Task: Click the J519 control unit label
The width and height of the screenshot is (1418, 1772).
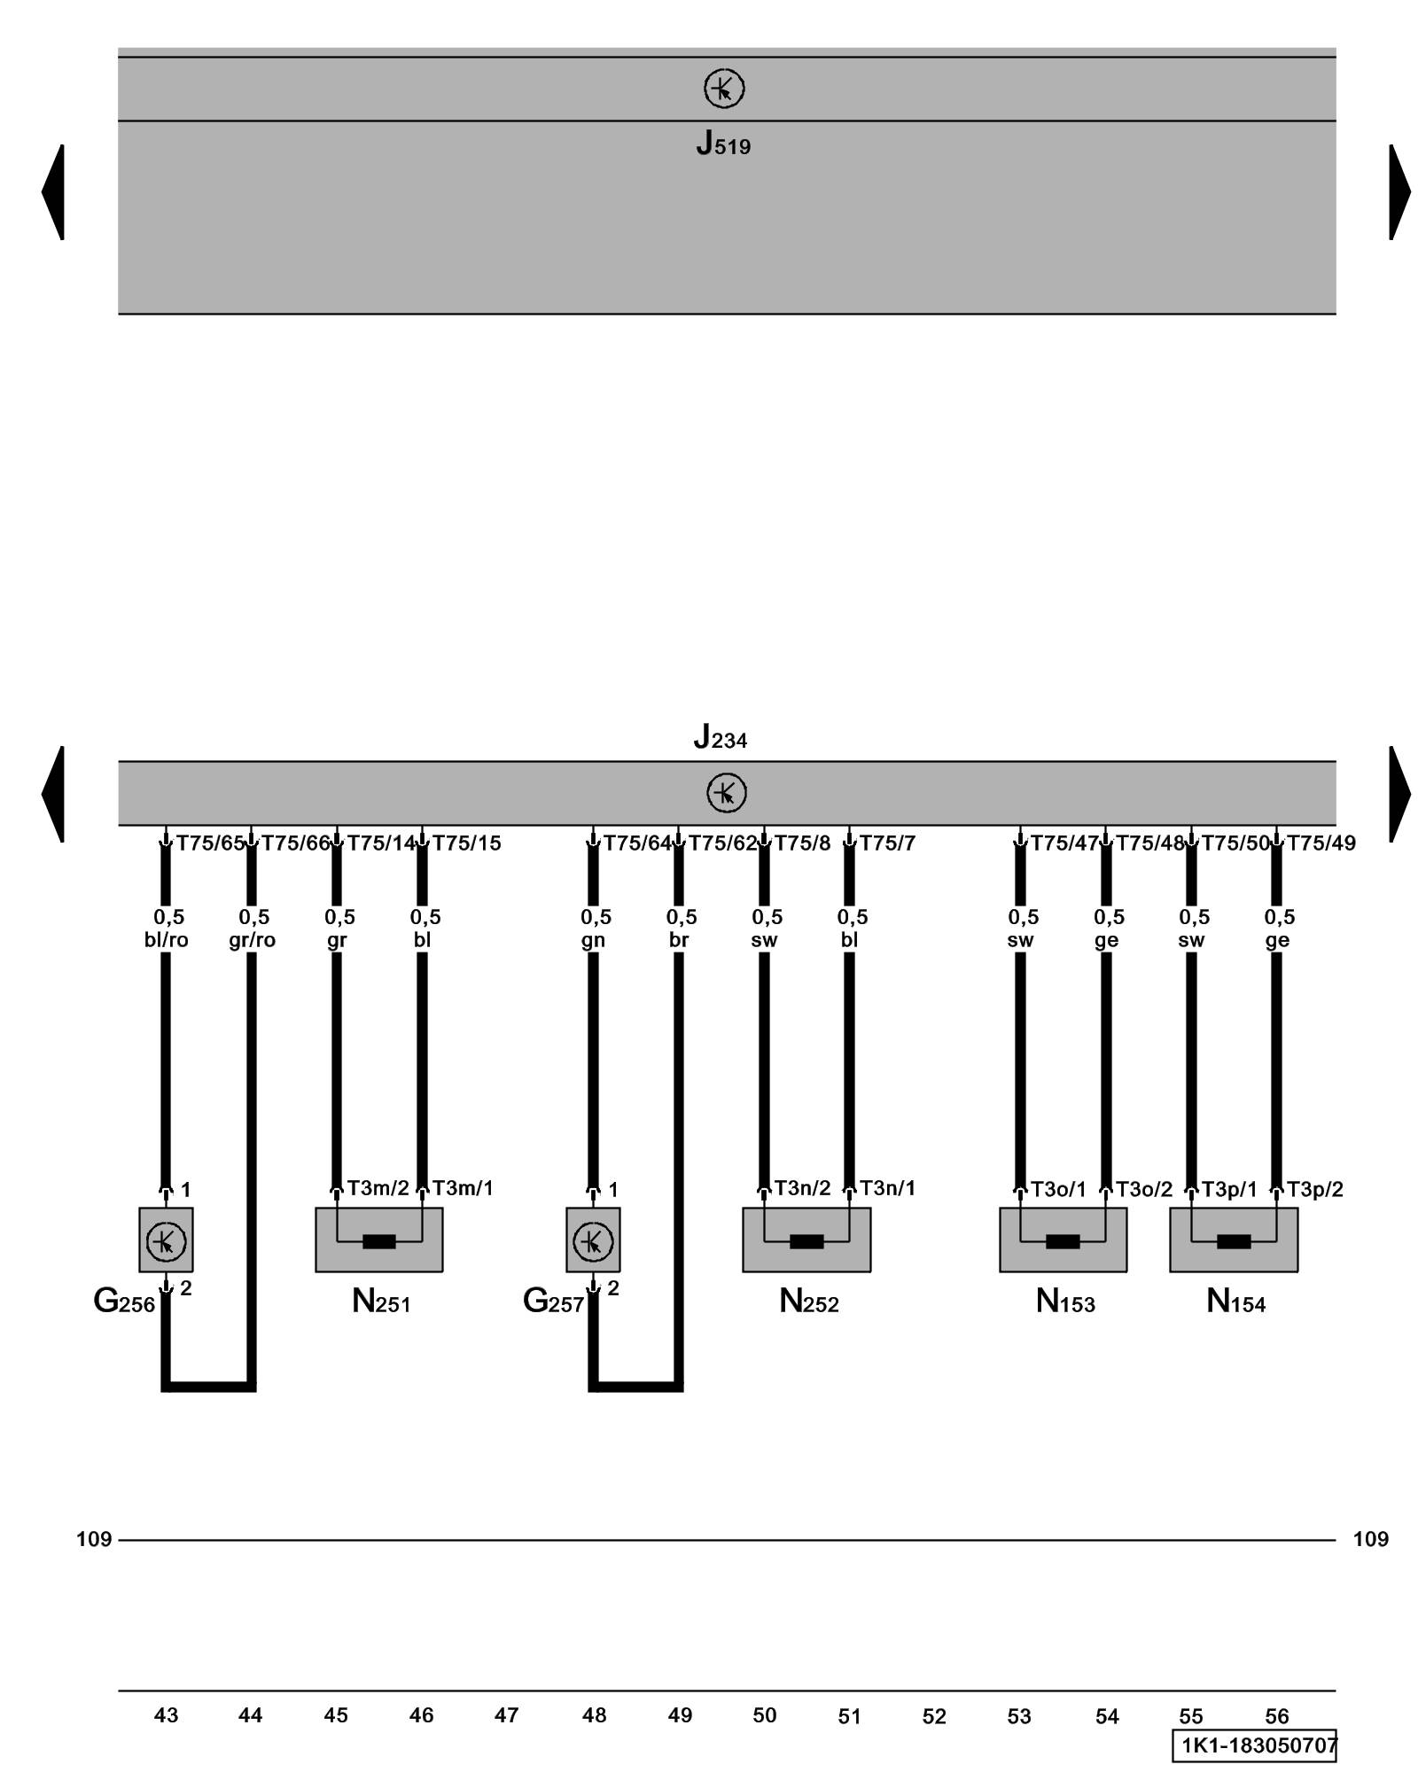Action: pos(722,144)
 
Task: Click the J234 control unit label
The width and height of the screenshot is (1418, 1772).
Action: pos(720,736)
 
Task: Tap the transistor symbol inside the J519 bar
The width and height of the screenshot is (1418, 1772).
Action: pos(723,89)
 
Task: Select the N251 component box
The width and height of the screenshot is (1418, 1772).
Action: pos(378,1240)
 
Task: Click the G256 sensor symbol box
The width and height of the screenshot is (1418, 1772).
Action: pos(166,1240)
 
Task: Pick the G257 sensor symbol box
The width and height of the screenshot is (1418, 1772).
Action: pos(593,1240)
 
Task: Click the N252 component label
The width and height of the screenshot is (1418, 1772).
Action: pos(808,1302)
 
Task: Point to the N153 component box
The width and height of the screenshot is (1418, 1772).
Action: pos(1063,1240)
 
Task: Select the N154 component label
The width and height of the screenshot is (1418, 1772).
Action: pos(1235,1302)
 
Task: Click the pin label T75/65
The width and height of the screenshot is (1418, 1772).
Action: pos(210,843)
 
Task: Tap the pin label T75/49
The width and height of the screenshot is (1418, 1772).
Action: pos(1321,843)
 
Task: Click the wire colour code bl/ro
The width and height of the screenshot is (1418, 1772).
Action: pos(167,940)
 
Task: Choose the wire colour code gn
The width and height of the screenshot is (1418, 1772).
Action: pos(593,940)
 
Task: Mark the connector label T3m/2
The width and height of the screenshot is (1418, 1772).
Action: pos(378,1188)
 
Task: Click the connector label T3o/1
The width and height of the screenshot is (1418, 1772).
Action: pos(1058,1189)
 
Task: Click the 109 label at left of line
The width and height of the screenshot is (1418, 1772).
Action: pos(94,1539)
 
